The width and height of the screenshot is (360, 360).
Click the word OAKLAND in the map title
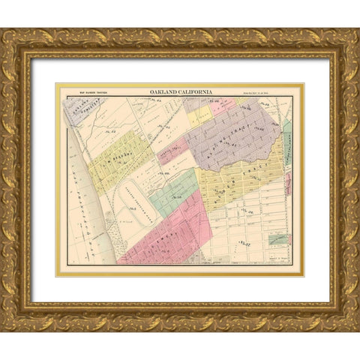tap(165, 92)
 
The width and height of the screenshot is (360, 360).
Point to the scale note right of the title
tap(270, 93)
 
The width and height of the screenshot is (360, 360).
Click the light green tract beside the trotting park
tap(174, 193)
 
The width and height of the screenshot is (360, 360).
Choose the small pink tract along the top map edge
tap(223, 106)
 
